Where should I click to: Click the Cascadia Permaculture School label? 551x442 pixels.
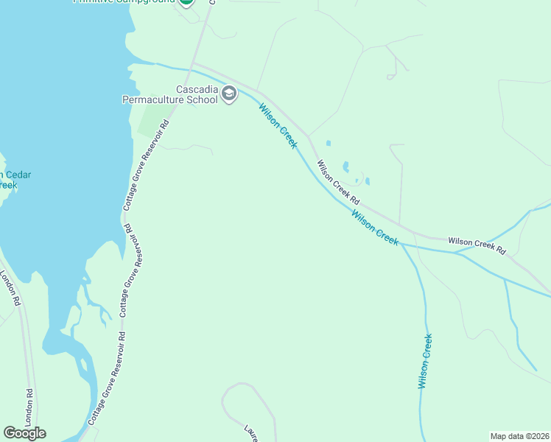[169, 94]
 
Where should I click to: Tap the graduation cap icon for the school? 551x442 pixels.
[229, 94]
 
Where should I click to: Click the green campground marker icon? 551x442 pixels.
[186, 2]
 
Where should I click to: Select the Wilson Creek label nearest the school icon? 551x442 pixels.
[278, 126]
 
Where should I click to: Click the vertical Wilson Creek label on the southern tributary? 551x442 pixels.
[424, 361]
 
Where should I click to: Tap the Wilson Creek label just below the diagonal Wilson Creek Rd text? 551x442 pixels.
[374, 228]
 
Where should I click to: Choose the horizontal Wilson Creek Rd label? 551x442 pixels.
[477, 245]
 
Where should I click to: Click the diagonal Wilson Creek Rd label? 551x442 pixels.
[338, 183]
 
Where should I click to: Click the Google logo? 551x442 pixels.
[24, 433]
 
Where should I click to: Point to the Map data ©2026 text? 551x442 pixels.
[519, 436]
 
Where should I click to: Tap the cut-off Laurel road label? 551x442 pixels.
[251, 432]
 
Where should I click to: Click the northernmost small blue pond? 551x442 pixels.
[328, 143]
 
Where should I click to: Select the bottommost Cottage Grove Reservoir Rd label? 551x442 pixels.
[108, 377]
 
